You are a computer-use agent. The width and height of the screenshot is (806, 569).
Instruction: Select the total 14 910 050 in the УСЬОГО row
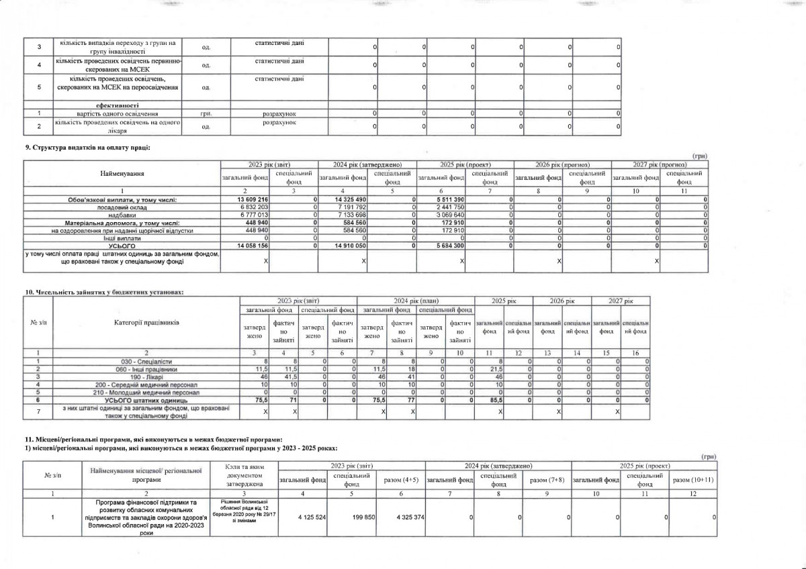pos(350,246)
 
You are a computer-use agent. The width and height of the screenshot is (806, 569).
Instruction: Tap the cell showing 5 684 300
pos(447,246)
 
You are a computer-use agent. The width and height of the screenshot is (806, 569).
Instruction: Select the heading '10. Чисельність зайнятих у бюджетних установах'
pos(104,293)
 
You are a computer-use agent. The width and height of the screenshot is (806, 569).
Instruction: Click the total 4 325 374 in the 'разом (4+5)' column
pos(401,516)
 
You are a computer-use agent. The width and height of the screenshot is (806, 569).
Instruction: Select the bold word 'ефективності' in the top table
pos(118,105)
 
